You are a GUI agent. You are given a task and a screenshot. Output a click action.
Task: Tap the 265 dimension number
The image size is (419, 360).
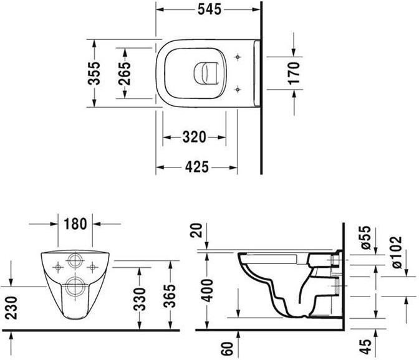tap(125, 73)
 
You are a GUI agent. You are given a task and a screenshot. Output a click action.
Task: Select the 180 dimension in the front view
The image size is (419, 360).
tap(75, 222)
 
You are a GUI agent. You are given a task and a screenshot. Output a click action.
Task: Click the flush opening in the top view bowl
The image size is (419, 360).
tap(204, 73)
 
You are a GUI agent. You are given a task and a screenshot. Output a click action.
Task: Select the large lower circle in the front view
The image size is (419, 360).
tap(75, 287)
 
